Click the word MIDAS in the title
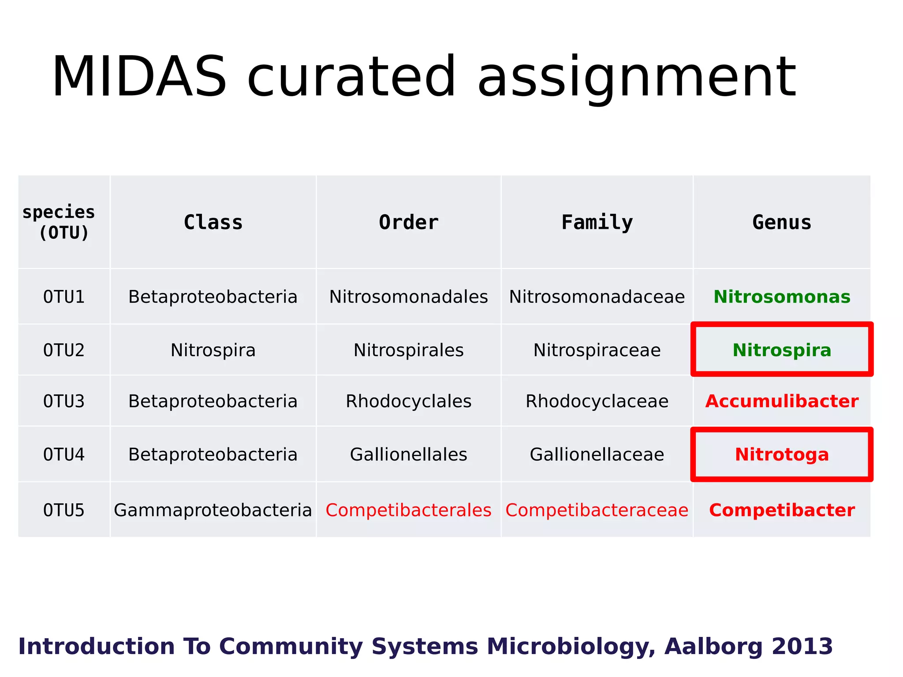[x=139, y=77]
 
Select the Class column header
[x=213, y=223]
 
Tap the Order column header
[x=408, y=223]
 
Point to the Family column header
[x=597, y=223]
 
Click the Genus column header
[x=781, y=223]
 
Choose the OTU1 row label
[x=64, y=297]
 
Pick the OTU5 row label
[x=64, y=510]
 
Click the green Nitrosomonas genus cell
[x=781, y=297]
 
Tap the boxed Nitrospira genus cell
[x=781, y=350]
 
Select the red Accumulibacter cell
[x=781, y=402]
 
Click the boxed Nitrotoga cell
[x=781, y=454]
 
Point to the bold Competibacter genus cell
[x=781, y=510]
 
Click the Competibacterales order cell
[x=408, y=510]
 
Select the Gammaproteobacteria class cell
[x=213, y=510]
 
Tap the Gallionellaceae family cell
[x=597, y=454]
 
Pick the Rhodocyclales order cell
[x=408, y=402]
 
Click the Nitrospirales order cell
[x=408, y=350]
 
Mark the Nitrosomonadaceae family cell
[x=597, y=297]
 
